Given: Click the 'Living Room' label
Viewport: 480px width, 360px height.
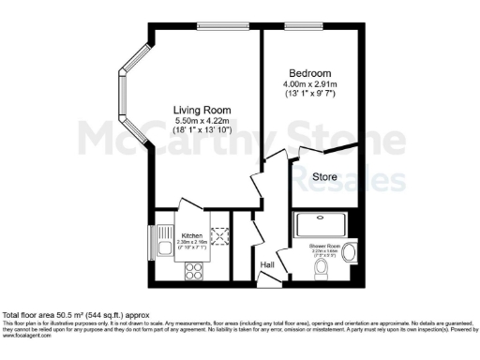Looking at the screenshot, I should coord(202,111).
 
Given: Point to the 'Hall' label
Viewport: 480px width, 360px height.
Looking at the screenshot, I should coord(267,264).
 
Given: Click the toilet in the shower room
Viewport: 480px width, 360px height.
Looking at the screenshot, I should coord(322,270).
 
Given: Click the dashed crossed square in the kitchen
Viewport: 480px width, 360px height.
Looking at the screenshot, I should coord(222,236).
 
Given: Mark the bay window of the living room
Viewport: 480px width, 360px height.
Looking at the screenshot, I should coord(124,92).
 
